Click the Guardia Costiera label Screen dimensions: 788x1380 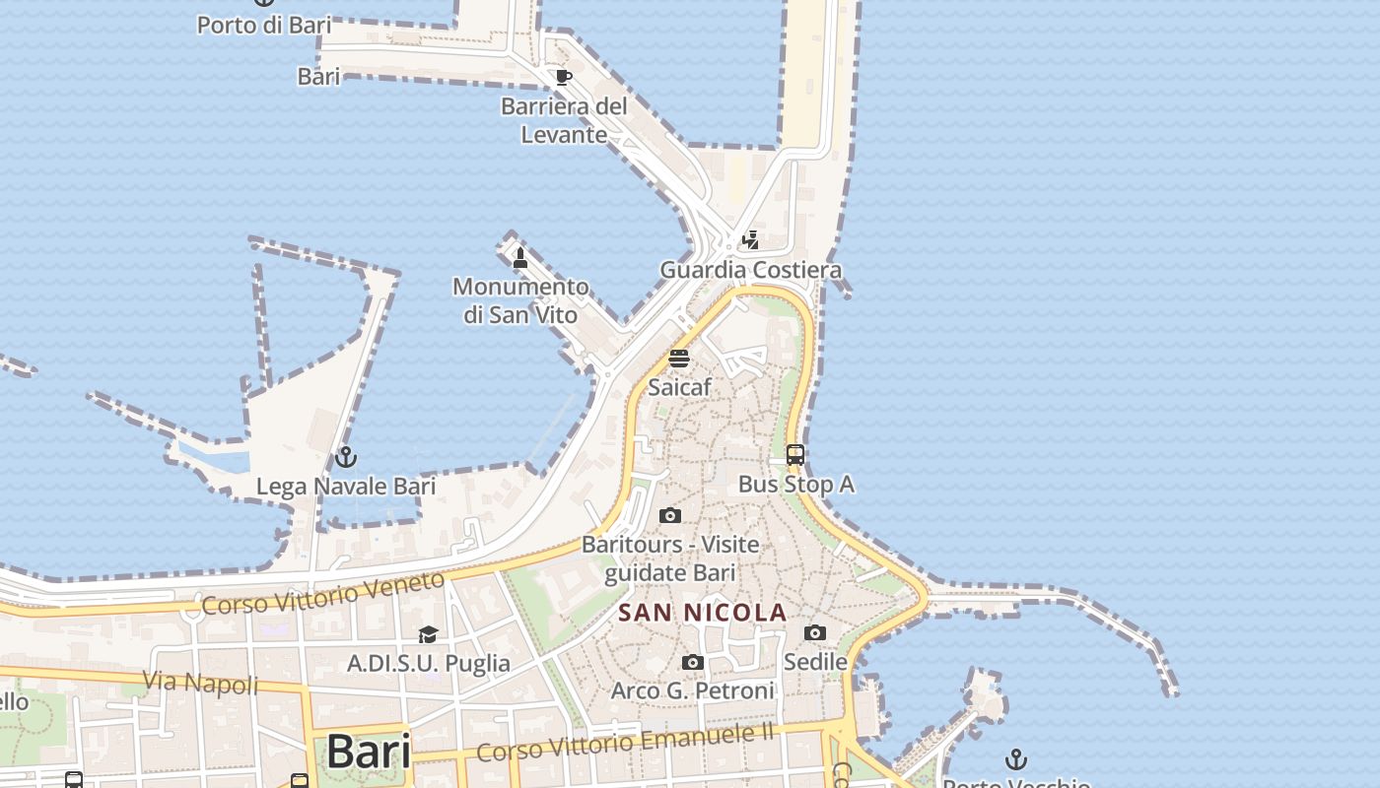(750, 270)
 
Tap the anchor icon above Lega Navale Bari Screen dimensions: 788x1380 (345, 457)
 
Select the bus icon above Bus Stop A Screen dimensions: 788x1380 (795, 455)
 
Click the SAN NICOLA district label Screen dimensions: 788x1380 (702, 613)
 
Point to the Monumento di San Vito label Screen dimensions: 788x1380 (520, 300)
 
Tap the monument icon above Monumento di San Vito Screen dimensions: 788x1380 (520, 258)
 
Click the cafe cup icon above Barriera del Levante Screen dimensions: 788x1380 (564, 77)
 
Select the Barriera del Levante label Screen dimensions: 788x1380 (564, 120)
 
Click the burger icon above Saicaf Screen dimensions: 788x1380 (679, 358)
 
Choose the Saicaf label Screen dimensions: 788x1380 (679, 387)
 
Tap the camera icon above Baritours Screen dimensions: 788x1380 (670, 515)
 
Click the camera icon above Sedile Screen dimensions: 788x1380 (815, 632)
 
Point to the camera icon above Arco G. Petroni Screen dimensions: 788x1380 (693, 662)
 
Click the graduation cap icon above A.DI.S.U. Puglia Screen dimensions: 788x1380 (428, 634)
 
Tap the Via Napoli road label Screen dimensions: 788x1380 (201, 682)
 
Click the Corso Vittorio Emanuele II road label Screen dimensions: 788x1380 (625, 741)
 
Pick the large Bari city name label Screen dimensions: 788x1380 (368, 753)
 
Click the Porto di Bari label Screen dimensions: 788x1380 (264, 25)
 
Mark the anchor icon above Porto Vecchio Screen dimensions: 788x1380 (1015, 758)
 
